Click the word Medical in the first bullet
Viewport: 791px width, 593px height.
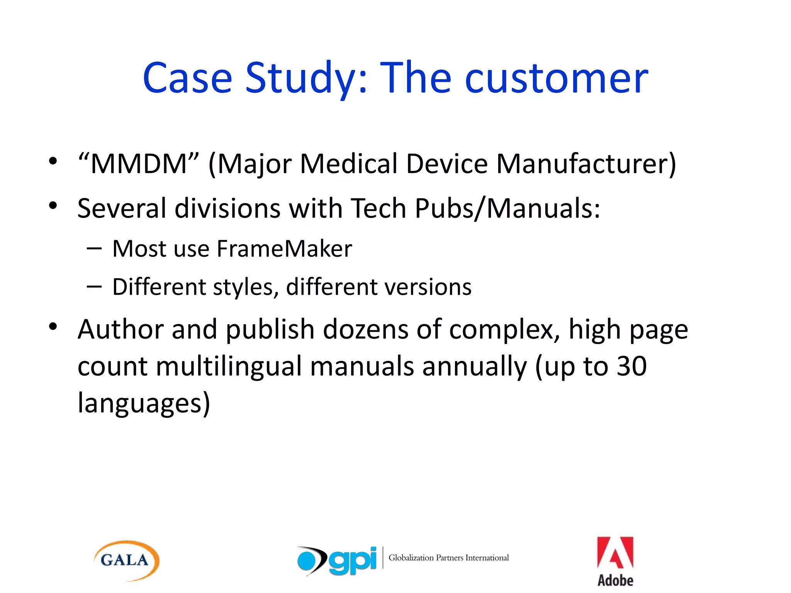[x=348, y=164]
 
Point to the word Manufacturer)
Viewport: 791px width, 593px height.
[x=586, y=164]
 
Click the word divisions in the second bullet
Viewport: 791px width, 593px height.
[x=227, y=208]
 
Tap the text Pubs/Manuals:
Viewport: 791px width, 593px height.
[x=508, y=208]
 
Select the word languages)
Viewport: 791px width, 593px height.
[x=144, y=403]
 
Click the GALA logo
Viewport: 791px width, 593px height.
[x=126, y=561]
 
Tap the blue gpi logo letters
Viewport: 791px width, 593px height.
[x=352, y=561]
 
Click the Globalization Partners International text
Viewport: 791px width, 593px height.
[x=448, y=558]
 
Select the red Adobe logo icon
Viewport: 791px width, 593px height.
[x=615, y=553]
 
